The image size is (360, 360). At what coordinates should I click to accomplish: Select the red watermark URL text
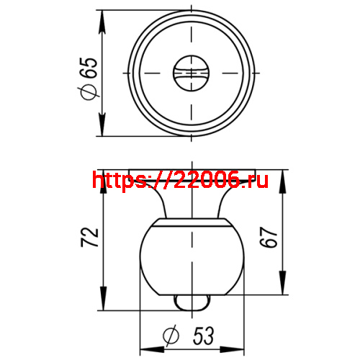coord(180,180)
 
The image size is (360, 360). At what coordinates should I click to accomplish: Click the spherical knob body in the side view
coord(192,259)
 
